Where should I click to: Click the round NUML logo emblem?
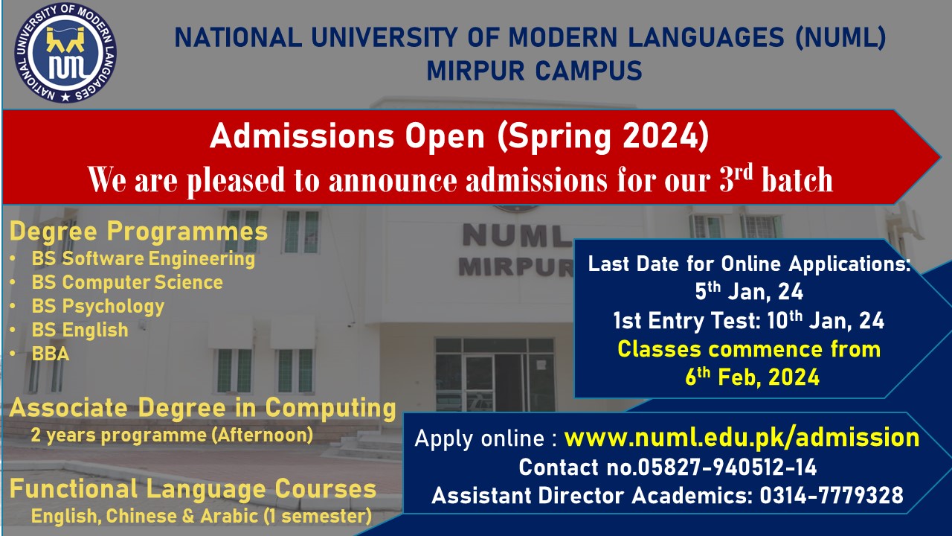pyautogui.click(x=65, y=53)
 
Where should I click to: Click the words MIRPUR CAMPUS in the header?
pyautogui.click(x=534, y=71)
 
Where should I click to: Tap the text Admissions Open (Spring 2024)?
pyautogui.click(x=460, y=137)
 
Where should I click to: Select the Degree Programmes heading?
pyautogui.click(x=138, y=232)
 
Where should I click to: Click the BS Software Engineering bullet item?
pyautogui.click(x=144, y=259)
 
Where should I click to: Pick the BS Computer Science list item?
pyautogui.click(x=127, y=282)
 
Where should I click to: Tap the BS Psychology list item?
pyautogui.click(x=97, y=306)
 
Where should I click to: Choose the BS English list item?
pyautogui.click(x=80, y=330)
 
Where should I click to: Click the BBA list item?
pyautogui.click(x=50, y=354)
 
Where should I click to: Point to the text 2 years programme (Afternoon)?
pyautogui.click(x=172, y=435)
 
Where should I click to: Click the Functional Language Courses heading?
pyautogui.click(x=193, y=489)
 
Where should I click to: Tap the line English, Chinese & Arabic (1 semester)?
pyautogui.click(x=202, y=517)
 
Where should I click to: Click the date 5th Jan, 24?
pyautogui.click(x=749, y=292)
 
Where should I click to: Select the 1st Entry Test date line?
pyautogui.click(x=748, y=320)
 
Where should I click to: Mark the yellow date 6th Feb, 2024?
pyautogui.click(x=752, y=377)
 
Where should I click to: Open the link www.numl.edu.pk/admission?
pyautogui.click(x=742, y=438)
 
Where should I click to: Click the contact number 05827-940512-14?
pyautogui.click(x=727, y=467)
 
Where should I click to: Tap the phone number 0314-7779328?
pyautogui.click(x=832, y=496)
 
